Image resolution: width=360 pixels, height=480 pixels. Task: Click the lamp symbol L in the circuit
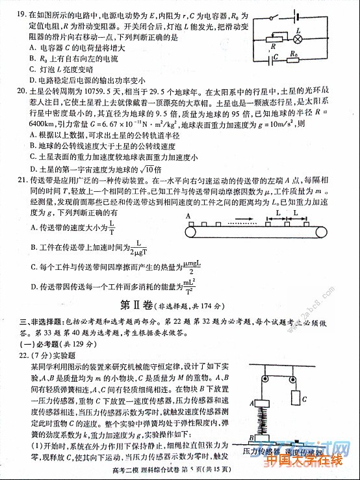pyautogui.click(x=298, y=39)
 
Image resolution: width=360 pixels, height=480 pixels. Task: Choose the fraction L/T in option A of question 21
pyautogui.click(x=112, y=228)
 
